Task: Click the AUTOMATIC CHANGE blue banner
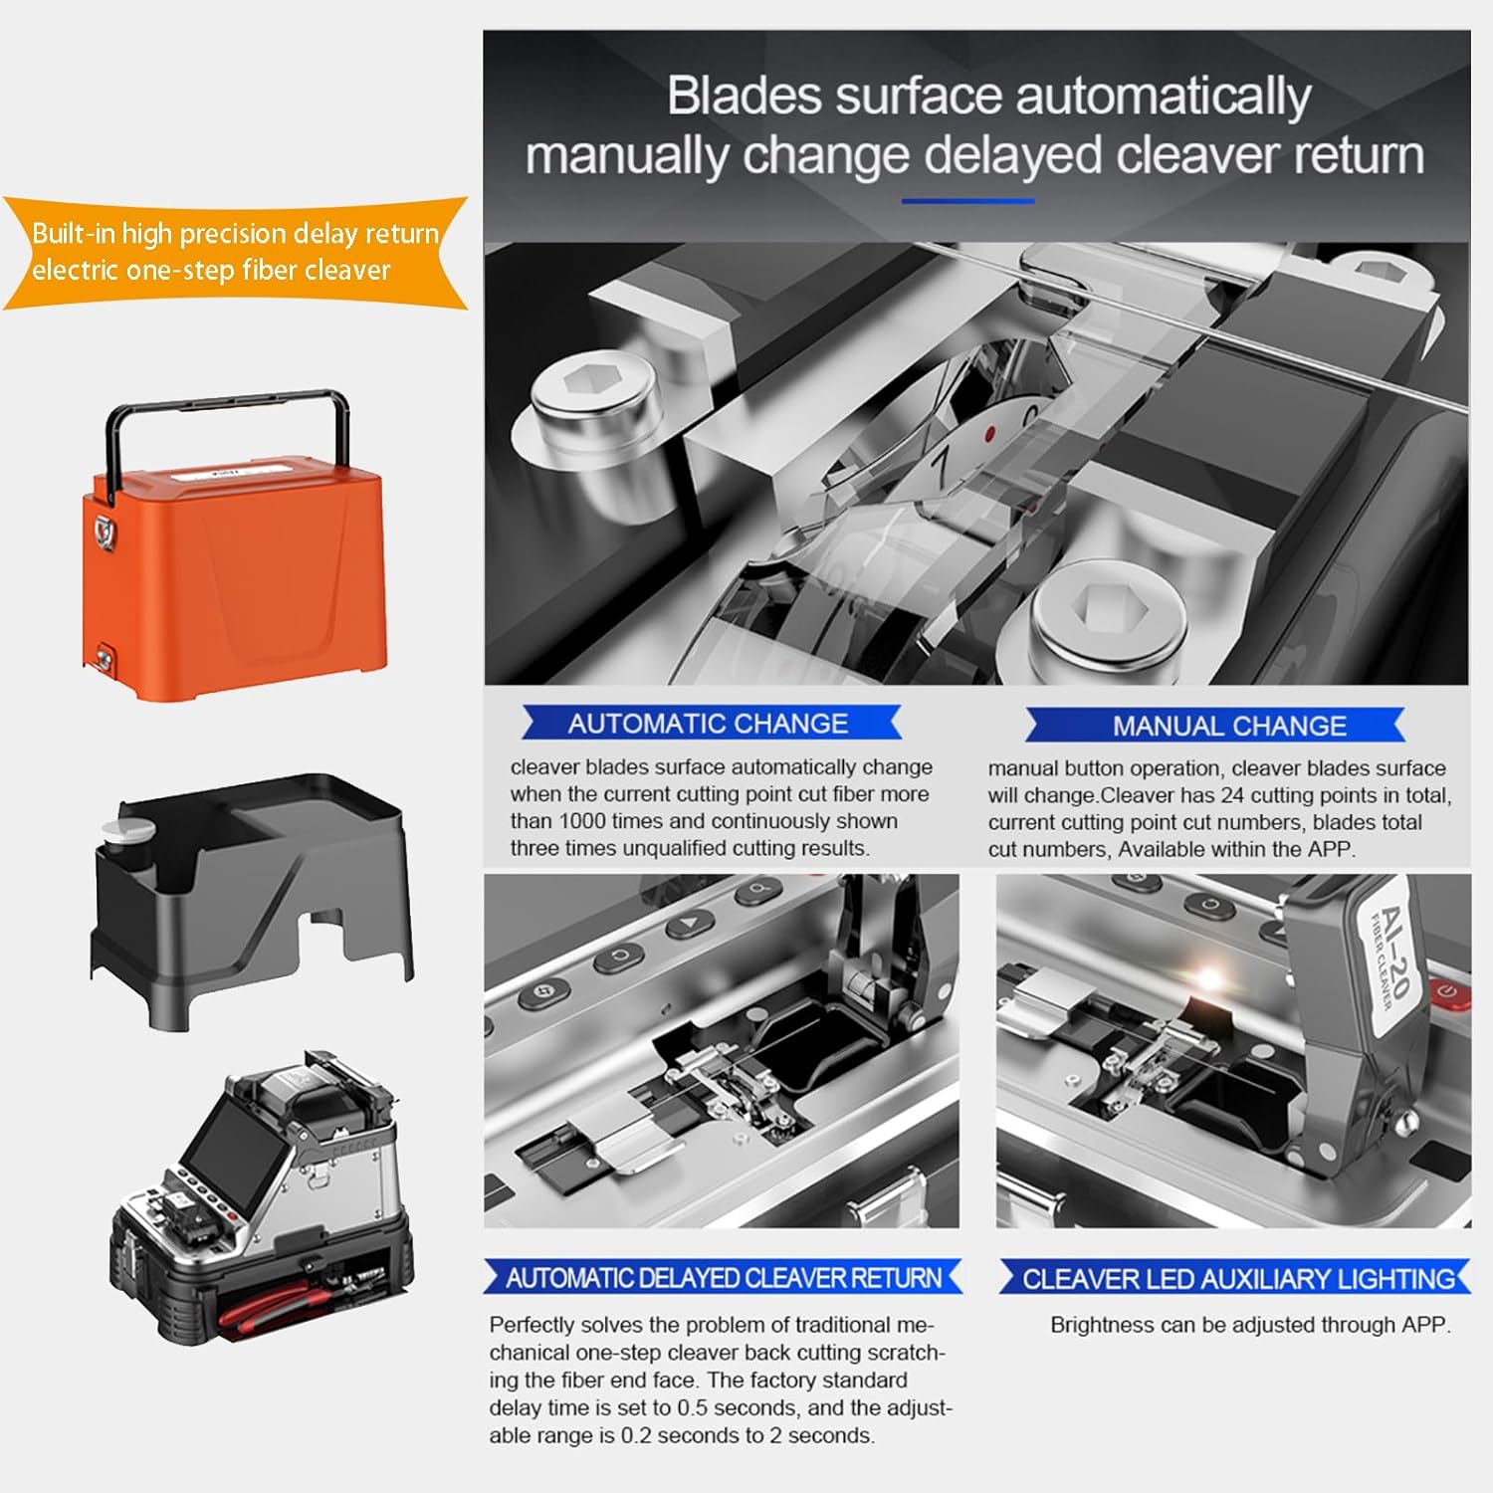pyautogui.click(x=709, y=724)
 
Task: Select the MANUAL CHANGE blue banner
pyautogui.click(x=1228, y=726)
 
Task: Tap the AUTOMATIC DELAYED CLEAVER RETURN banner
pyautogui.click(x=723, y=1278)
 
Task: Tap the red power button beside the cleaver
pyautogui.click(x=1445, y=991)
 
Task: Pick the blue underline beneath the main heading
pyautogui.click(x=967, y=201)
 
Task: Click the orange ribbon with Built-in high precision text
pyautogui.click(x=235, y=252)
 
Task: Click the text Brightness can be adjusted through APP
pyautogui.click(x=1250, y=1325)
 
